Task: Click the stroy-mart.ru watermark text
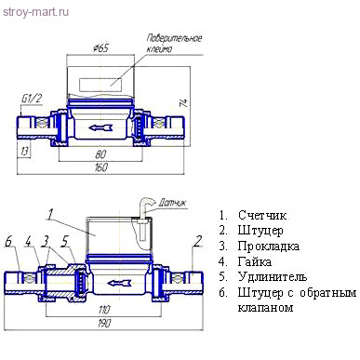click(35, 12)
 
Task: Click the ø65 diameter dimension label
click(100, 48)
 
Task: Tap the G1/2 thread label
click(32, 99)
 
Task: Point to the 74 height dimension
click(184, 102)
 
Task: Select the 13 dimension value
click(24, 151)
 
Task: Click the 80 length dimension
click(100, 154)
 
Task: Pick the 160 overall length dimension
click(100, 167)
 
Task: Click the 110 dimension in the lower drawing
click(104, 310)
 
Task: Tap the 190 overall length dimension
click(104, 324)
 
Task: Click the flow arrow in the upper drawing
click(100, 127)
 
